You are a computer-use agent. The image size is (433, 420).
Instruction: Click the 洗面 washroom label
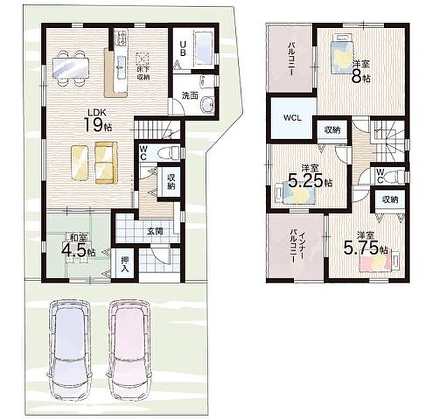coord(189,95)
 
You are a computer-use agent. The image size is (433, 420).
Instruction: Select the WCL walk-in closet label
coord(291,117)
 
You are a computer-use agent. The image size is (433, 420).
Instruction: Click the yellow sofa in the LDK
coord(106,163)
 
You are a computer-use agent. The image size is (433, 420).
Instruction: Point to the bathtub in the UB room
coord(203,48)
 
